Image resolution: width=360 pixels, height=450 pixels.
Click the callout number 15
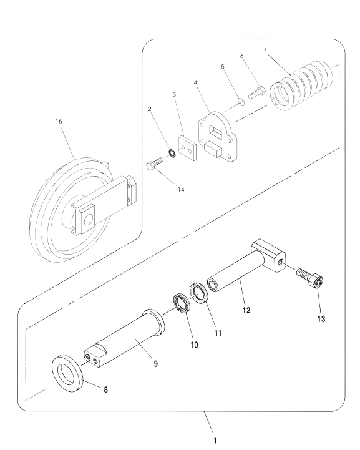[x=59, y=122]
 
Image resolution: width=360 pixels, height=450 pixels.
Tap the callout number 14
[x=181, y=189]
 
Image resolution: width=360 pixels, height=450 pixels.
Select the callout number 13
[x=321, y=319]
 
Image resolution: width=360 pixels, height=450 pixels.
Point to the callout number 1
[x=215, y=440]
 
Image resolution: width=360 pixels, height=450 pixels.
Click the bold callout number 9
[x=156, y=364]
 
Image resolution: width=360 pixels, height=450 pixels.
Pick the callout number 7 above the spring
[x=265, y=49]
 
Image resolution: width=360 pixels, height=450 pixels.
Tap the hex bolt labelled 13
[x=311, y=278]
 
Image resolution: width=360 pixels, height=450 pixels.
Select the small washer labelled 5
[x=241, y=101]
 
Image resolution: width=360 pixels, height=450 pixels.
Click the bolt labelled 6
[x=256, y=92]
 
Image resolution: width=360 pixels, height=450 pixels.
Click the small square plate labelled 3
[x=188, y=148]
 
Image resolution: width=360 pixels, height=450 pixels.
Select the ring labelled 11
[x=198, y=293]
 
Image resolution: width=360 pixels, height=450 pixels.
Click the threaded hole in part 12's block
[x=281, y=261]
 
